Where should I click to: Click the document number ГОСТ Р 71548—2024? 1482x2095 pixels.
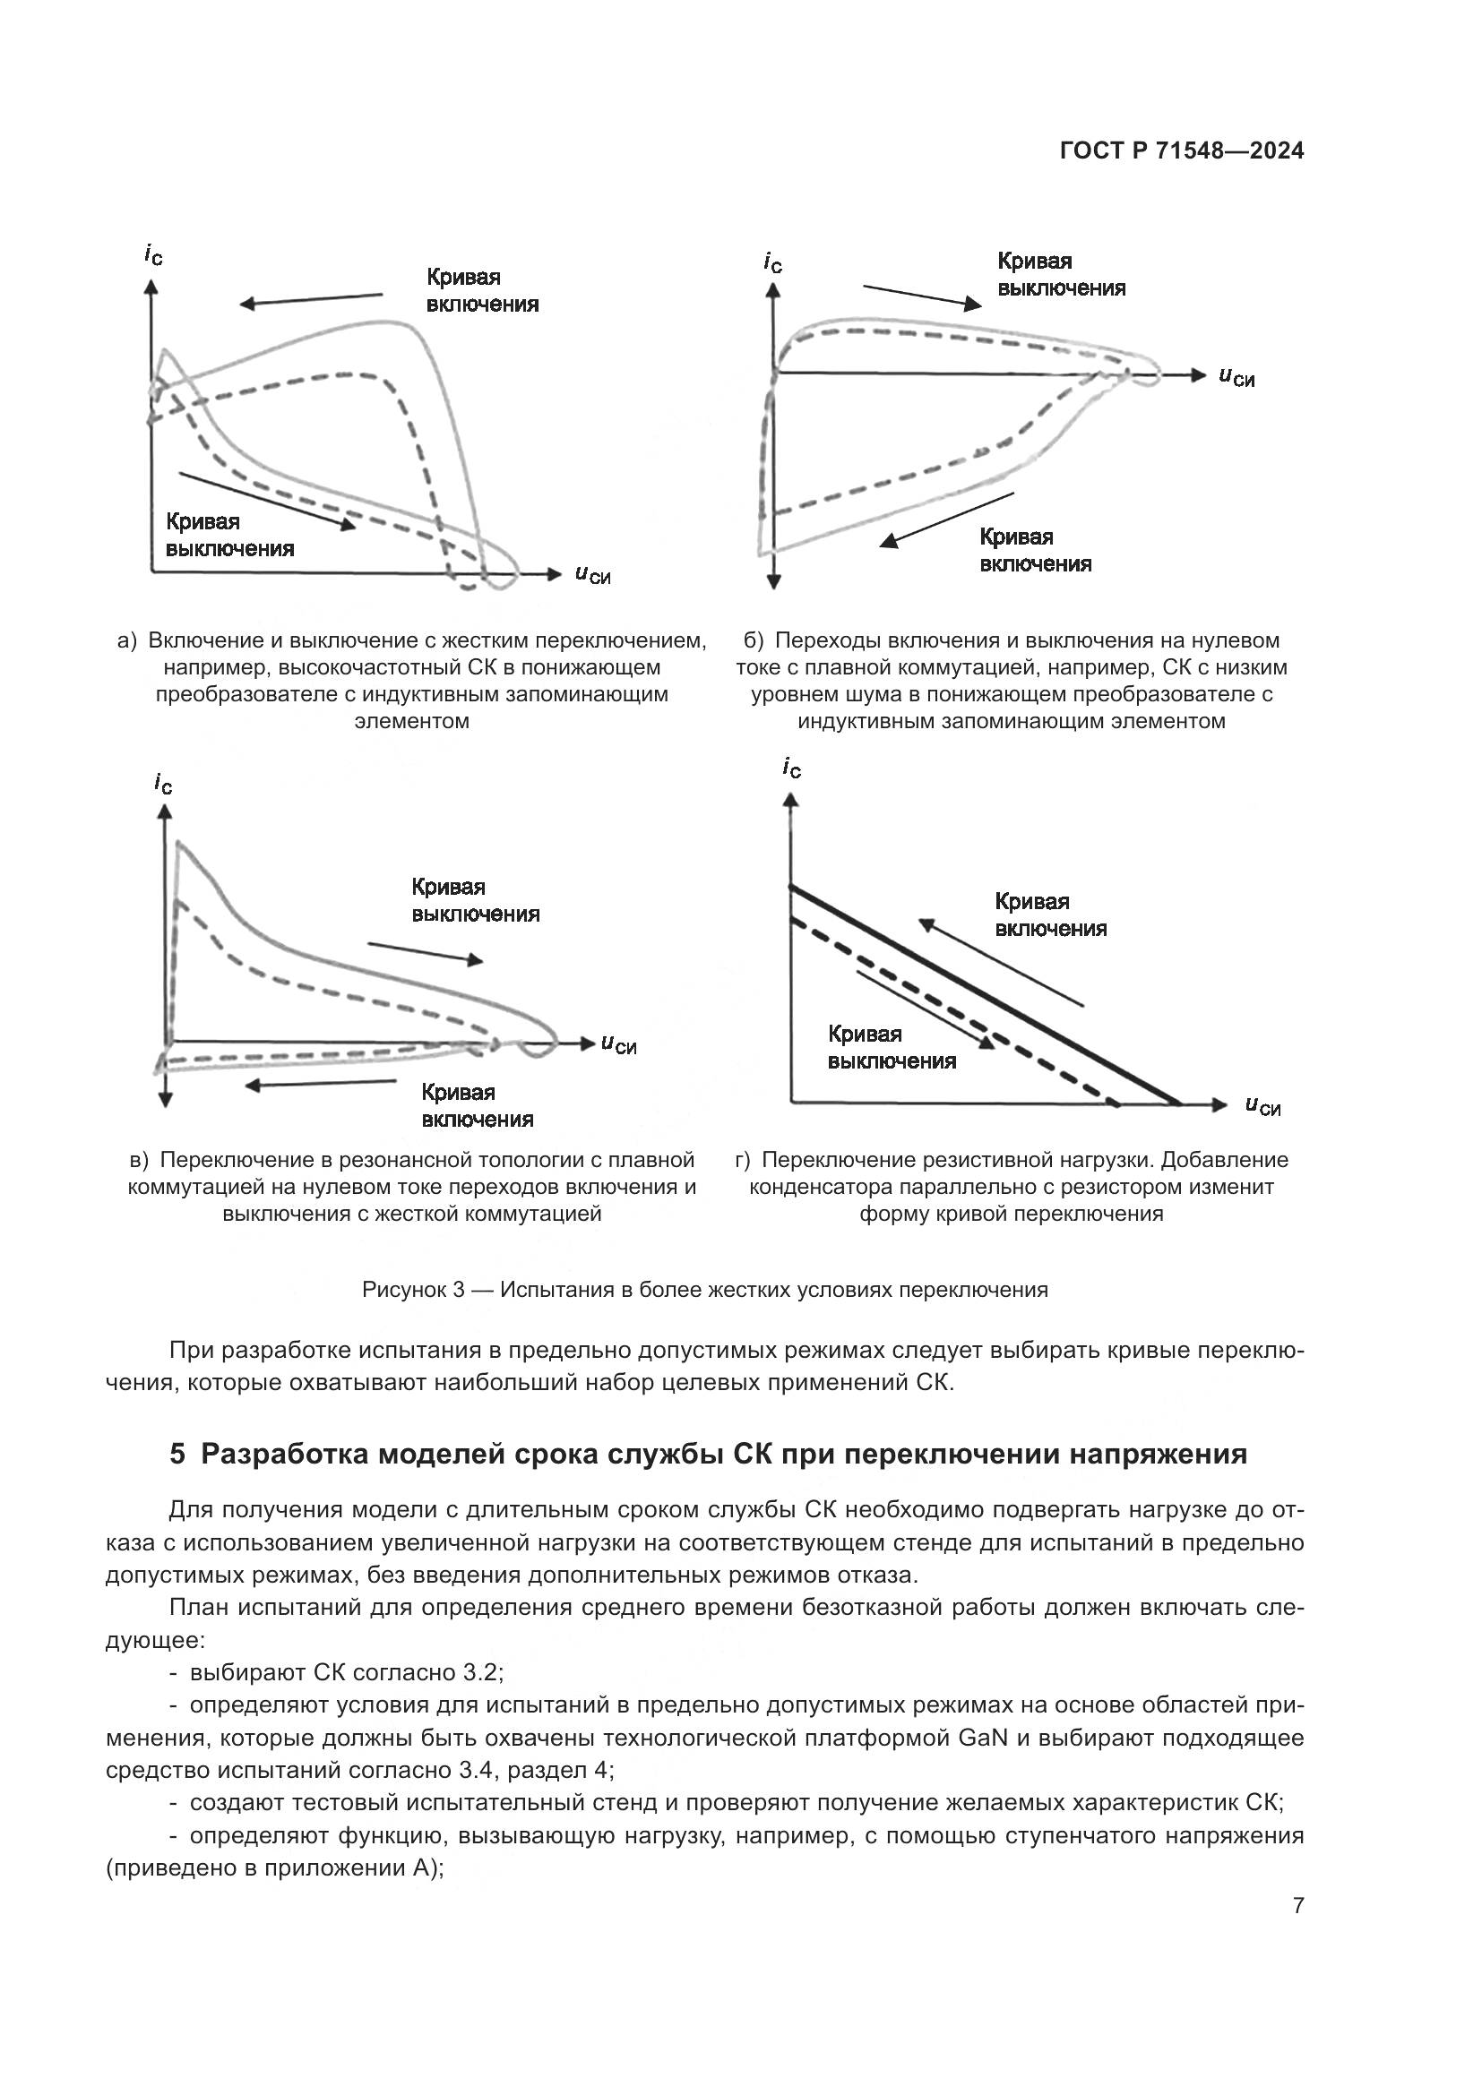(x=1182, y=151)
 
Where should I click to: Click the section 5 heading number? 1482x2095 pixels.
(x=177, y=1455)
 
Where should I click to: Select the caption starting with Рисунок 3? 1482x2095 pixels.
(x=704, y=1289)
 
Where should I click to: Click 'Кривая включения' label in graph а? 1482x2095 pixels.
(x=482, y=290)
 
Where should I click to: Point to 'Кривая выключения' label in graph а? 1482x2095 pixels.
(x=229, y=535)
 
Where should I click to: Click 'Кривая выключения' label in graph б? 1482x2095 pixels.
(x=1060, y=275)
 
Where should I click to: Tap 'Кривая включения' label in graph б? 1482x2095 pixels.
(x=1035, y=550)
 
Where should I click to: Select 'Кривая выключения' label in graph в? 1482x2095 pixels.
(x=475, y=900)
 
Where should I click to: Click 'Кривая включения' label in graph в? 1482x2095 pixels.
(x=477, y=1106)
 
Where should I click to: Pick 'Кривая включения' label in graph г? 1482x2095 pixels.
(x=1050, y=915)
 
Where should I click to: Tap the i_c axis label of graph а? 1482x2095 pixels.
(x=153, y=254)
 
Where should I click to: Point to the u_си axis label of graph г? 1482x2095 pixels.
(x=1262, y=1106)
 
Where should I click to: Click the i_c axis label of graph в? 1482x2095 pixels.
(x=163, y=783)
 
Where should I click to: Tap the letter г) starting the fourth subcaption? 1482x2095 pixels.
(x=742, y=1160)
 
